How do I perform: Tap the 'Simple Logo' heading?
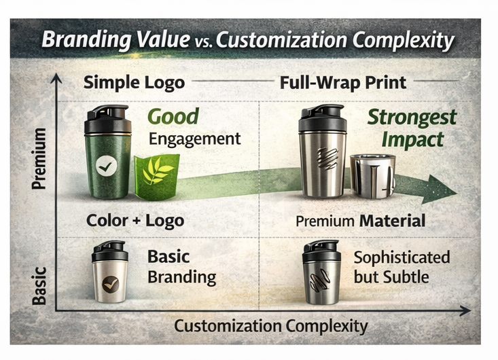pyautogui.click(x=134, y=84)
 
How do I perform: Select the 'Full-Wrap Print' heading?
pyautogui.click(x=343, y=84)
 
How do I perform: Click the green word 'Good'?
pyautogui.click(x=173, y=117)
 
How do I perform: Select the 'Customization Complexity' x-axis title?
pyautogui.click(x=270, y=326)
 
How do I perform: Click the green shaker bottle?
pyautogui.click(x=107, y=152)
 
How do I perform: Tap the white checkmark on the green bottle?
pyautogui.click(x=106, y=166)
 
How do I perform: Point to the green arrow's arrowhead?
pyautogui.click(x=438, y=188)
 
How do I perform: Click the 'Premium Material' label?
pyautogui.click(x=360, y=221)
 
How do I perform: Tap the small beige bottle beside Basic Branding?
pyautogui.click(x=109, y=272)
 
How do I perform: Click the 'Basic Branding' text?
pyautogui.click(x=181, y=268)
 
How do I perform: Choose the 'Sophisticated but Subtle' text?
pyautogui.click(x=402, y=267)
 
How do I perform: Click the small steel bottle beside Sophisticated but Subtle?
pyautogui.click(x=321, y=273)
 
